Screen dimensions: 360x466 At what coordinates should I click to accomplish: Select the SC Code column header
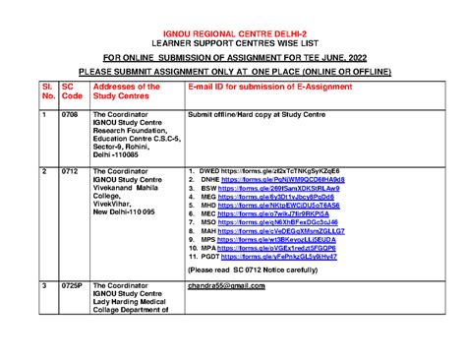72,91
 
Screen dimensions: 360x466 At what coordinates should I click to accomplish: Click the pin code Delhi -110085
117,155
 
